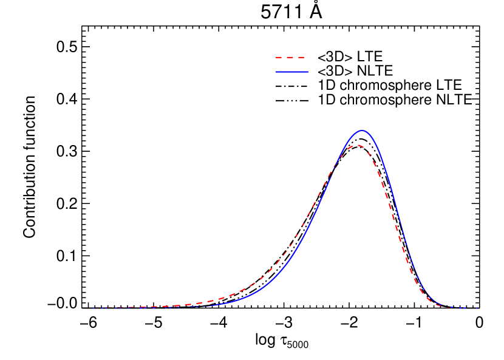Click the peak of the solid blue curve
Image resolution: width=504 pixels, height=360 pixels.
(x=363, y=131)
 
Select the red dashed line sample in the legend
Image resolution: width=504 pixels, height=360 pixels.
(x=290, y=58)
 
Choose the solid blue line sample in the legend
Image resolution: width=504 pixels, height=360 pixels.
(x=291, y=72)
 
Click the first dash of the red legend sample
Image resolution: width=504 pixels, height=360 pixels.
(x=279, y=58)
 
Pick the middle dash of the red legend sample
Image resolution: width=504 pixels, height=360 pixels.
(x=290, y=58)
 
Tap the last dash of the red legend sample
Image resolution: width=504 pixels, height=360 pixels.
(x=301, y=58)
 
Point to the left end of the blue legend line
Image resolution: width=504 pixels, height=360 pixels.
(x=276, y=72)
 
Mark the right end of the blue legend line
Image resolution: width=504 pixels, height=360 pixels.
(x=307, y=72)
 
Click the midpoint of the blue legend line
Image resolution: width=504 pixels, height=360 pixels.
(x=291, y=72)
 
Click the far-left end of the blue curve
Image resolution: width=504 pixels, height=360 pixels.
(x=83, y=308)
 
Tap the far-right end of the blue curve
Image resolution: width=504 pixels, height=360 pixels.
(x=477, y=308)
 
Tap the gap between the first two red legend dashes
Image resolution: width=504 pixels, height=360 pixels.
(x=285, y=58)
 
